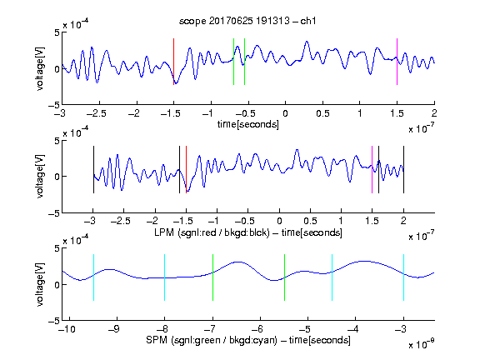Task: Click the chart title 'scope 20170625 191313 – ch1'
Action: tap(247, 21)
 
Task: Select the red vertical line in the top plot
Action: tap(173, 62)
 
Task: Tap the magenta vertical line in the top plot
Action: tap(397, 62)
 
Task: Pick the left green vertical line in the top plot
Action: tap(233, 62)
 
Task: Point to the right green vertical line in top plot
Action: tap(245, 62)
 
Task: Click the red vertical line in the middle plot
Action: tap(186, 170)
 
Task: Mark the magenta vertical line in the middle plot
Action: tap(372, 170)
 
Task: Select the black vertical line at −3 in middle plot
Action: tap(93, 170)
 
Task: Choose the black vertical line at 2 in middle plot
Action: tap(403, 170)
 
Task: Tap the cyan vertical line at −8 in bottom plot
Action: tap(165, 277)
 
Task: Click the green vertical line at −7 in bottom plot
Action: tap(212, 277)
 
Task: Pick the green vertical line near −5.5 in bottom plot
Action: tap(285, 277)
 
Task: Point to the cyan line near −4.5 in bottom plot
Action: tap(332, 277)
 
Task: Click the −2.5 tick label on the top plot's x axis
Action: tap(97, 113)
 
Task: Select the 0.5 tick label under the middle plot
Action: tap(310, 221)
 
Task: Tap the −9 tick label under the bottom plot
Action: tap(114, 329)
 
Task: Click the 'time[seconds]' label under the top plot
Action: tap(248, 124)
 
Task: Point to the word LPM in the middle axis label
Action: tap(164, 232)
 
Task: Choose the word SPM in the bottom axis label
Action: tap(157, 340)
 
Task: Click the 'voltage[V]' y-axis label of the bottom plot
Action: tap(40, 284)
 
